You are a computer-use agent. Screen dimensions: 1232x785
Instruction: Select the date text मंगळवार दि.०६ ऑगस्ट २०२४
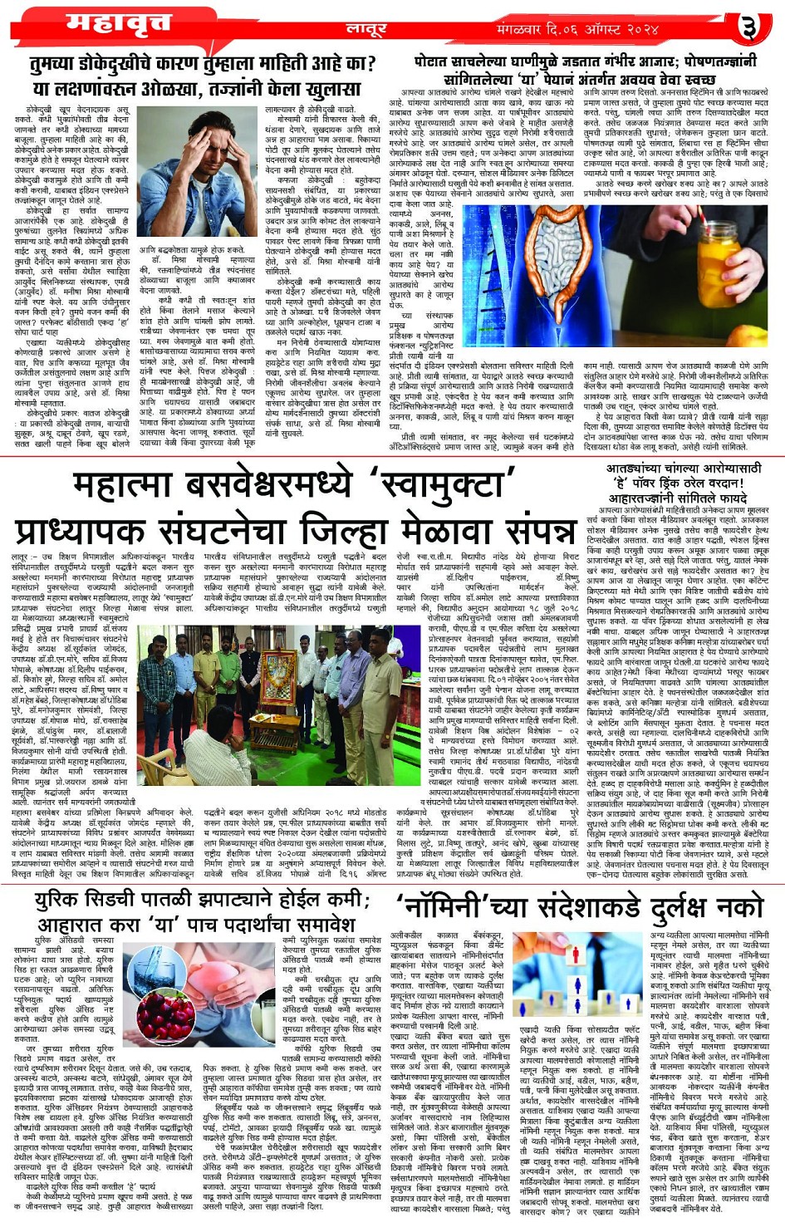tap(577, 29)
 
